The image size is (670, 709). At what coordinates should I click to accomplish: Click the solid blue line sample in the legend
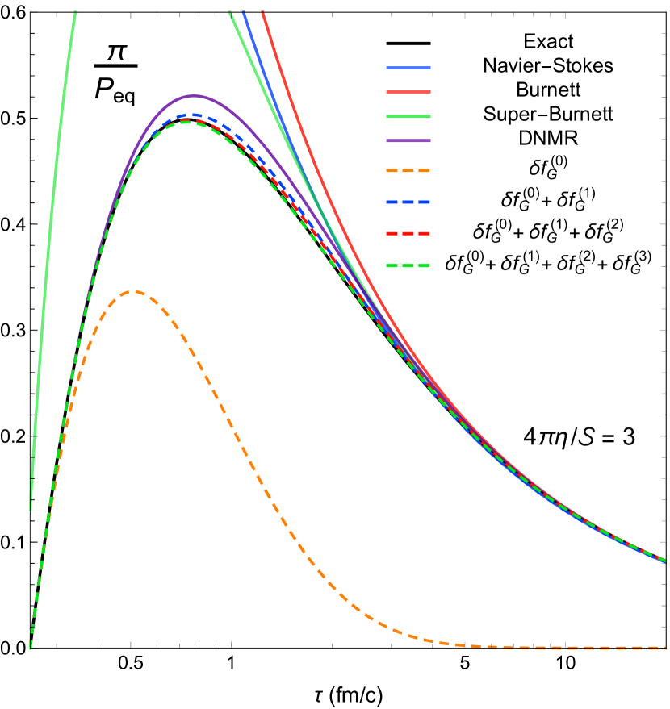[x=408, y=69]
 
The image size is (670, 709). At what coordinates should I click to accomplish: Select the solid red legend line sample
[x=408, y=92]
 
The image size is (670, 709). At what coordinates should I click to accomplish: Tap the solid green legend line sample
[x=408, y=116]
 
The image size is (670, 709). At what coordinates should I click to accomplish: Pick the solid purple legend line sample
[x=408, y=140]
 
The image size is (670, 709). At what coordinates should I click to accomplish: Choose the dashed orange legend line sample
[x=408, y=171]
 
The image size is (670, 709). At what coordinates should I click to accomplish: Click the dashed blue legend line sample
[x=408, y=202]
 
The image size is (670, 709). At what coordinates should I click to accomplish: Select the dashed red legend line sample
[x=408, y=234]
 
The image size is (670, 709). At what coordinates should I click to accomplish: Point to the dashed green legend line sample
[x=408, y=265]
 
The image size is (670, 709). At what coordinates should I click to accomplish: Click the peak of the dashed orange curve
[x=133, y=291]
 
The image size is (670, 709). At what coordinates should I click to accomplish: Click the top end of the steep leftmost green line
[x=74, y=12]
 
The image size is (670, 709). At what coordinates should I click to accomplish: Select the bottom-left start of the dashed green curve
[x=31, y=647]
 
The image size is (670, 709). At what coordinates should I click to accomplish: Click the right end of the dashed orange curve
[x=664, y=648]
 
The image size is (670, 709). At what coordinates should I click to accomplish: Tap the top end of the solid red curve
[x=263, y=12]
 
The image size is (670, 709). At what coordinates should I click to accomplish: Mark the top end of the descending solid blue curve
[x=244, y=12]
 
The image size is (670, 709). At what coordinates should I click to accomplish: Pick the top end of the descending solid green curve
[x=230, y=12]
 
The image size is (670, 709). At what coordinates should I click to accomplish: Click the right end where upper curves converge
[x=664, y=560]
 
